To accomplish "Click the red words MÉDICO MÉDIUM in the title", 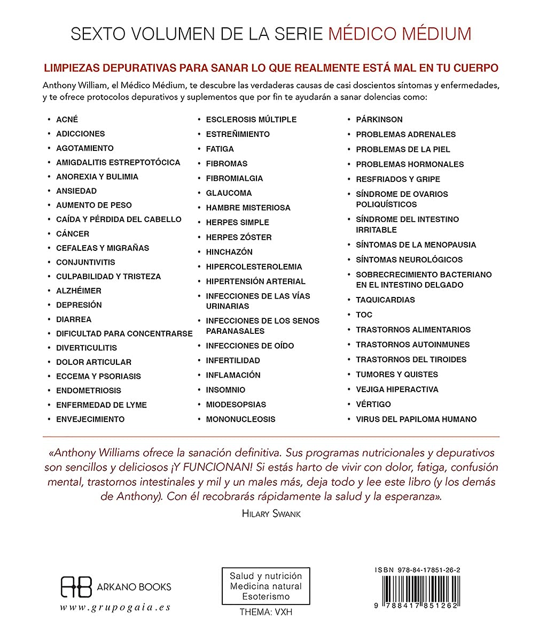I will (400, 34).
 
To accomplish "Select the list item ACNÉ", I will (67, 119).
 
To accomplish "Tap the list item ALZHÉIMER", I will (79, 291).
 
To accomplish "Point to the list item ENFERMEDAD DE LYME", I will (101, 405).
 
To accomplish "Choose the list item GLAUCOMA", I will (229, 193).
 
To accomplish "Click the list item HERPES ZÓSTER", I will (239, 237).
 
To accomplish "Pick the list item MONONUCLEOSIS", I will (241, 419).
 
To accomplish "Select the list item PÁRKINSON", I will (379, 119).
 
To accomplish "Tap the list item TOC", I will (364, 315).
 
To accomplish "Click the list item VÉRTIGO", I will (373, 404).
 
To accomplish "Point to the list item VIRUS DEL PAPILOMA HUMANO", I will (416, 419).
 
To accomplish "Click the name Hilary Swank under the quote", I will (271, 514).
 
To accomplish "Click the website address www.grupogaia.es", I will (115, 607).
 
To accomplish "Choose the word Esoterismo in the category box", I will (266, 596).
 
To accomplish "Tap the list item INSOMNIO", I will (226, 390).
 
